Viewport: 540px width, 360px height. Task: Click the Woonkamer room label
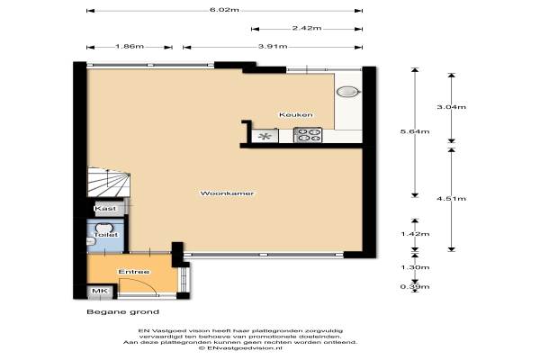click(227, 193)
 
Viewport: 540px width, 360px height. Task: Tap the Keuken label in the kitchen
click(296, 114)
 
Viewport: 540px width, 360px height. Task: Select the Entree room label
click(134, 272)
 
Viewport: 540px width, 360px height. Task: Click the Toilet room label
click(105, 235)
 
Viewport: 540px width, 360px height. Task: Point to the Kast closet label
click(105, 209)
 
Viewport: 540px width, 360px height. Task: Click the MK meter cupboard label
click(100, 291)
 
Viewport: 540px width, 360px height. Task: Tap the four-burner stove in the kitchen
click(308, 135)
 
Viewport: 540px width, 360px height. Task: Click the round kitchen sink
click(348, 92)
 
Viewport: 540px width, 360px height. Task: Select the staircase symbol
click(109, 182)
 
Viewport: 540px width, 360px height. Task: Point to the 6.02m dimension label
click(224, 10)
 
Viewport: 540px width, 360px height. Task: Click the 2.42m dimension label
click(307, 28)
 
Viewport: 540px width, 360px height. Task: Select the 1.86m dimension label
click(130, 46)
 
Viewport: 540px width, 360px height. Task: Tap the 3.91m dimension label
click(273, 46)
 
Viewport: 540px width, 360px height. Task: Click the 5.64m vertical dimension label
click(415, 131)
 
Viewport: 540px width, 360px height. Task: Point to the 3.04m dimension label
click(452, 107)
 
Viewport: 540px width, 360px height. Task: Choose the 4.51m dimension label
click(452, 198)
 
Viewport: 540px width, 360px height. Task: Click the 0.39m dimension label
click(415, 286)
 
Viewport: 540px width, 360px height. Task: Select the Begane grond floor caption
click(122, 311)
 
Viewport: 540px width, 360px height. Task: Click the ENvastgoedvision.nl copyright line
click(240, 348)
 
